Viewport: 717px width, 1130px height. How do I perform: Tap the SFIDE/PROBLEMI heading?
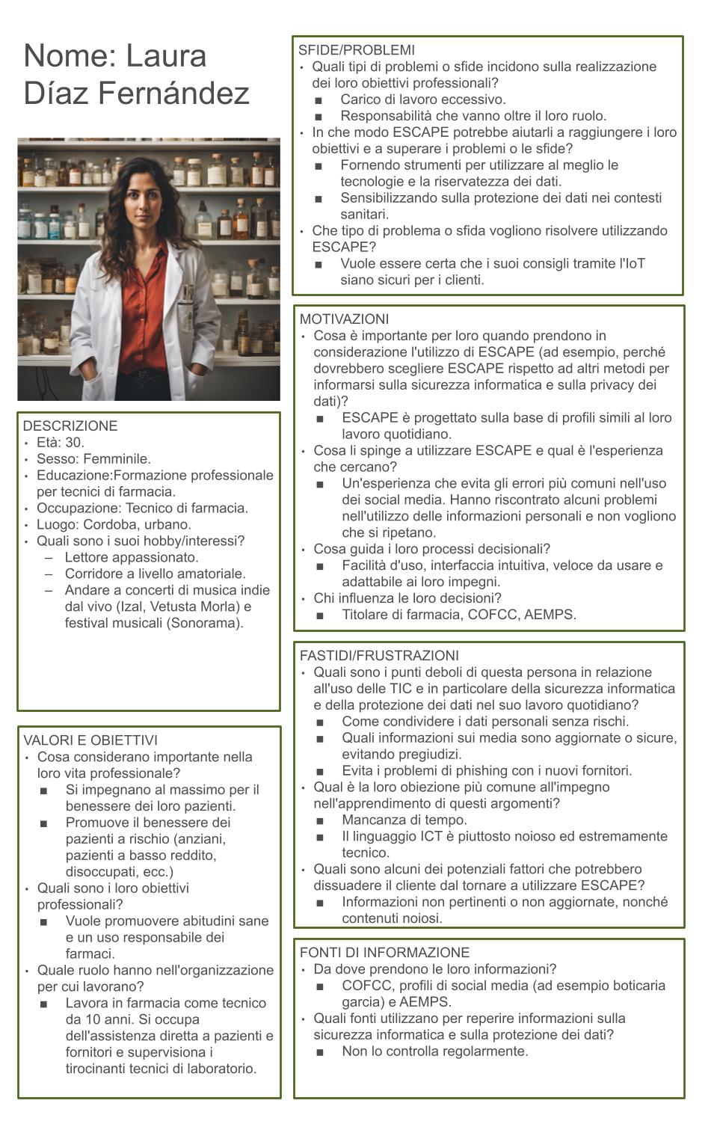click(356, 50)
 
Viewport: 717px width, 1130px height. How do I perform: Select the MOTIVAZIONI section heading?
click(344, 319)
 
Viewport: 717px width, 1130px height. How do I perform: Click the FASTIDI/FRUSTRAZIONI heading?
click(379, 656)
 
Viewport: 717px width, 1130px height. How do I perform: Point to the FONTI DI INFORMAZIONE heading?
click(384, 953)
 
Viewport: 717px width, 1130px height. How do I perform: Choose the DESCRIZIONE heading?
click(70, 426)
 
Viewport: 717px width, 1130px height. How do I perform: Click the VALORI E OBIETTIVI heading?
click(90, 740)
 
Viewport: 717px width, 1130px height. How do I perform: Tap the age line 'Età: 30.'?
click(61, 443)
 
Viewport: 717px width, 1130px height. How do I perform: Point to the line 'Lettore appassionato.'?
click(132, 558)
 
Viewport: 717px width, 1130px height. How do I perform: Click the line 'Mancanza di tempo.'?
click(404, 820)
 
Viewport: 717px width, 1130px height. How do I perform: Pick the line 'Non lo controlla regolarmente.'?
click(435, 1051)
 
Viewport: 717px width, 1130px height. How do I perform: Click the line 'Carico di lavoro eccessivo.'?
click(423, 99)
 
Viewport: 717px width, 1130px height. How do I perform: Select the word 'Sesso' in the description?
click(56, 459)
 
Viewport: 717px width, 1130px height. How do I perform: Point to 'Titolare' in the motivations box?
click(368, 615)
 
